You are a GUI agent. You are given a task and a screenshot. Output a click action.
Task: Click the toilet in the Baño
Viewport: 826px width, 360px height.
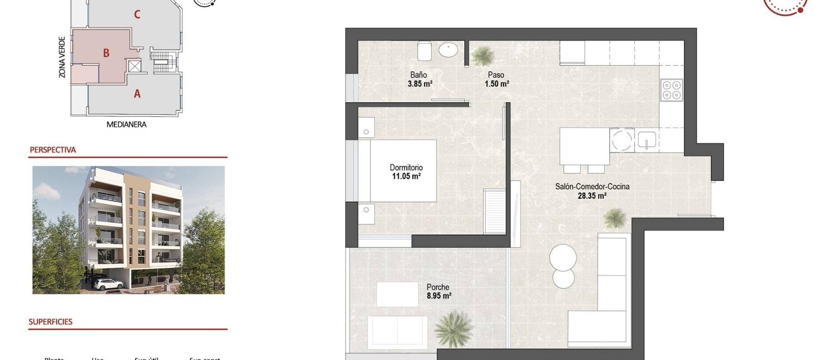point(425,51)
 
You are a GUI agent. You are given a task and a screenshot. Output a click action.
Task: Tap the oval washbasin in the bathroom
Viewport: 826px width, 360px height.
point(448,50)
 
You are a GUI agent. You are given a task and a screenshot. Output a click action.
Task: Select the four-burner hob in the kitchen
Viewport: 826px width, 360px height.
point(671,90)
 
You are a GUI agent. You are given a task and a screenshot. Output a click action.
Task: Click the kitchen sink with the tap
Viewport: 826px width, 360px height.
point(647,140)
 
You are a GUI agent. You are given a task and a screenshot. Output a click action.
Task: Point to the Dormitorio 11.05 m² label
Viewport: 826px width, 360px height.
point(406,172)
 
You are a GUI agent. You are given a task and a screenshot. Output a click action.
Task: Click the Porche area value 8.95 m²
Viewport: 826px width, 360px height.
point(439,296)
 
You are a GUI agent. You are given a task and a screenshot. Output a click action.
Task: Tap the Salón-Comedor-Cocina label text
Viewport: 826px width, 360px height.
point(592,187)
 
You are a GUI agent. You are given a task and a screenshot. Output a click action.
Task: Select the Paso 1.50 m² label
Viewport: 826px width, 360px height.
point(496,79)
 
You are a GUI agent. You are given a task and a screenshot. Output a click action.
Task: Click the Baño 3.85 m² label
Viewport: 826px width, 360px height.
point(419,79)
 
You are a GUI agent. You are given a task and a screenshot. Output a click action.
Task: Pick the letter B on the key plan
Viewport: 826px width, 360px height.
point(106,53)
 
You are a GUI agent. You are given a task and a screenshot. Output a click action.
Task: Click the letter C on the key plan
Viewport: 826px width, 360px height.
point(137,15)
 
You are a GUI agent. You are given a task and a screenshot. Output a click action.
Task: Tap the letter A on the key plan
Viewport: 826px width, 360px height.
point(137,93)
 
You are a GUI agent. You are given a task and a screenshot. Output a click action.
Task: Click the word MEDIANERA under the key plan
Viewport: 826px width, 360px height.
point(126,125)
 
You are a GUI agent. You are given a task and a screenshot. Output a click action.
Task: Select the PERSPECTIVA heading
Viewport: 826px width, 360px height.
point(52,150)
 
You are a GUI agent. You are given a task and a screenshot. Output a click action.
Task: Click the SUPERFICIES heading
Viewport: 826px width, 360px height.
point(50,322)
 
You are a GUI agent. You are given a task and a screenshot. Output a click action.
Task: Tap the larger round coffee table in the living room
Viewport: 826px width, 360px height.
point(563,258)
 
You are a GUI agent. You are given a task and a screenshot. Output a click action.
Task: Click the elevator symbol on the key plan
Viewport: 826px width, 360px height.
point(135,66)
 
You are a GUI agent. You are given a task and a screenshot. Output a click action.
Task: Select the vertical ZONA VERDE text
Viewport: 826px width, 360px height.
point(62,57)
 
